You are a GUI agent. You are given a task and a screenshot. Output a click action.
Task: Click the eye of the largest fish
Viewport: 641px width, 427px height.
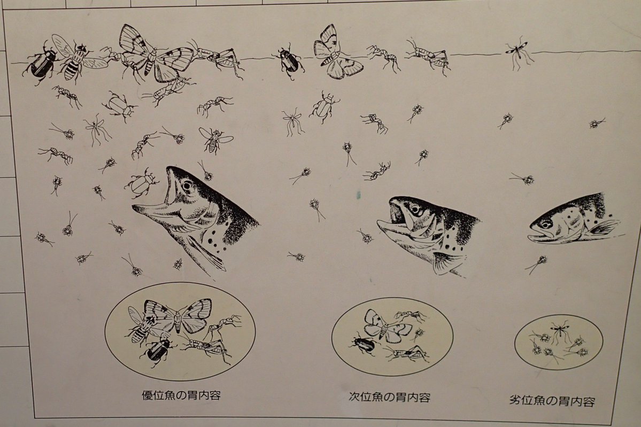point(187,186)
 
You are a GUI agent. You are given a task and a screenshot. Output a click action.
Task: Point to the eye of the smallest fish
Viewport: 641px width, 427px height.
point(546,224)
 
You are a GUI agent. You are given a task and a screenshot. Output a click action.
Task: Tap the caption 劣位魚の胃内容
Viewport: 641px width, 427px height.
point(553,400)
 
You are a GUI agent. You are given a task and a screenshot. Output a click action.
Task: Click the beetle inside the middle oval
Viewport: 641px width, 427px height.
point(364,343)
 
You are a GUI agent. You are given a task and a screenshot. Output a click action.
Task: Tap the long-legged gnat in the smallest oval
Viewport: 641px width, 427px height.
point(560,330)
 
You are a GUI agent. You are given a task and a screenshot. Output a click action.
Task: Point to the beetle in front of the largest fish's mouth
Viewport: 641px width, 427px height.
point(142,182)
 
